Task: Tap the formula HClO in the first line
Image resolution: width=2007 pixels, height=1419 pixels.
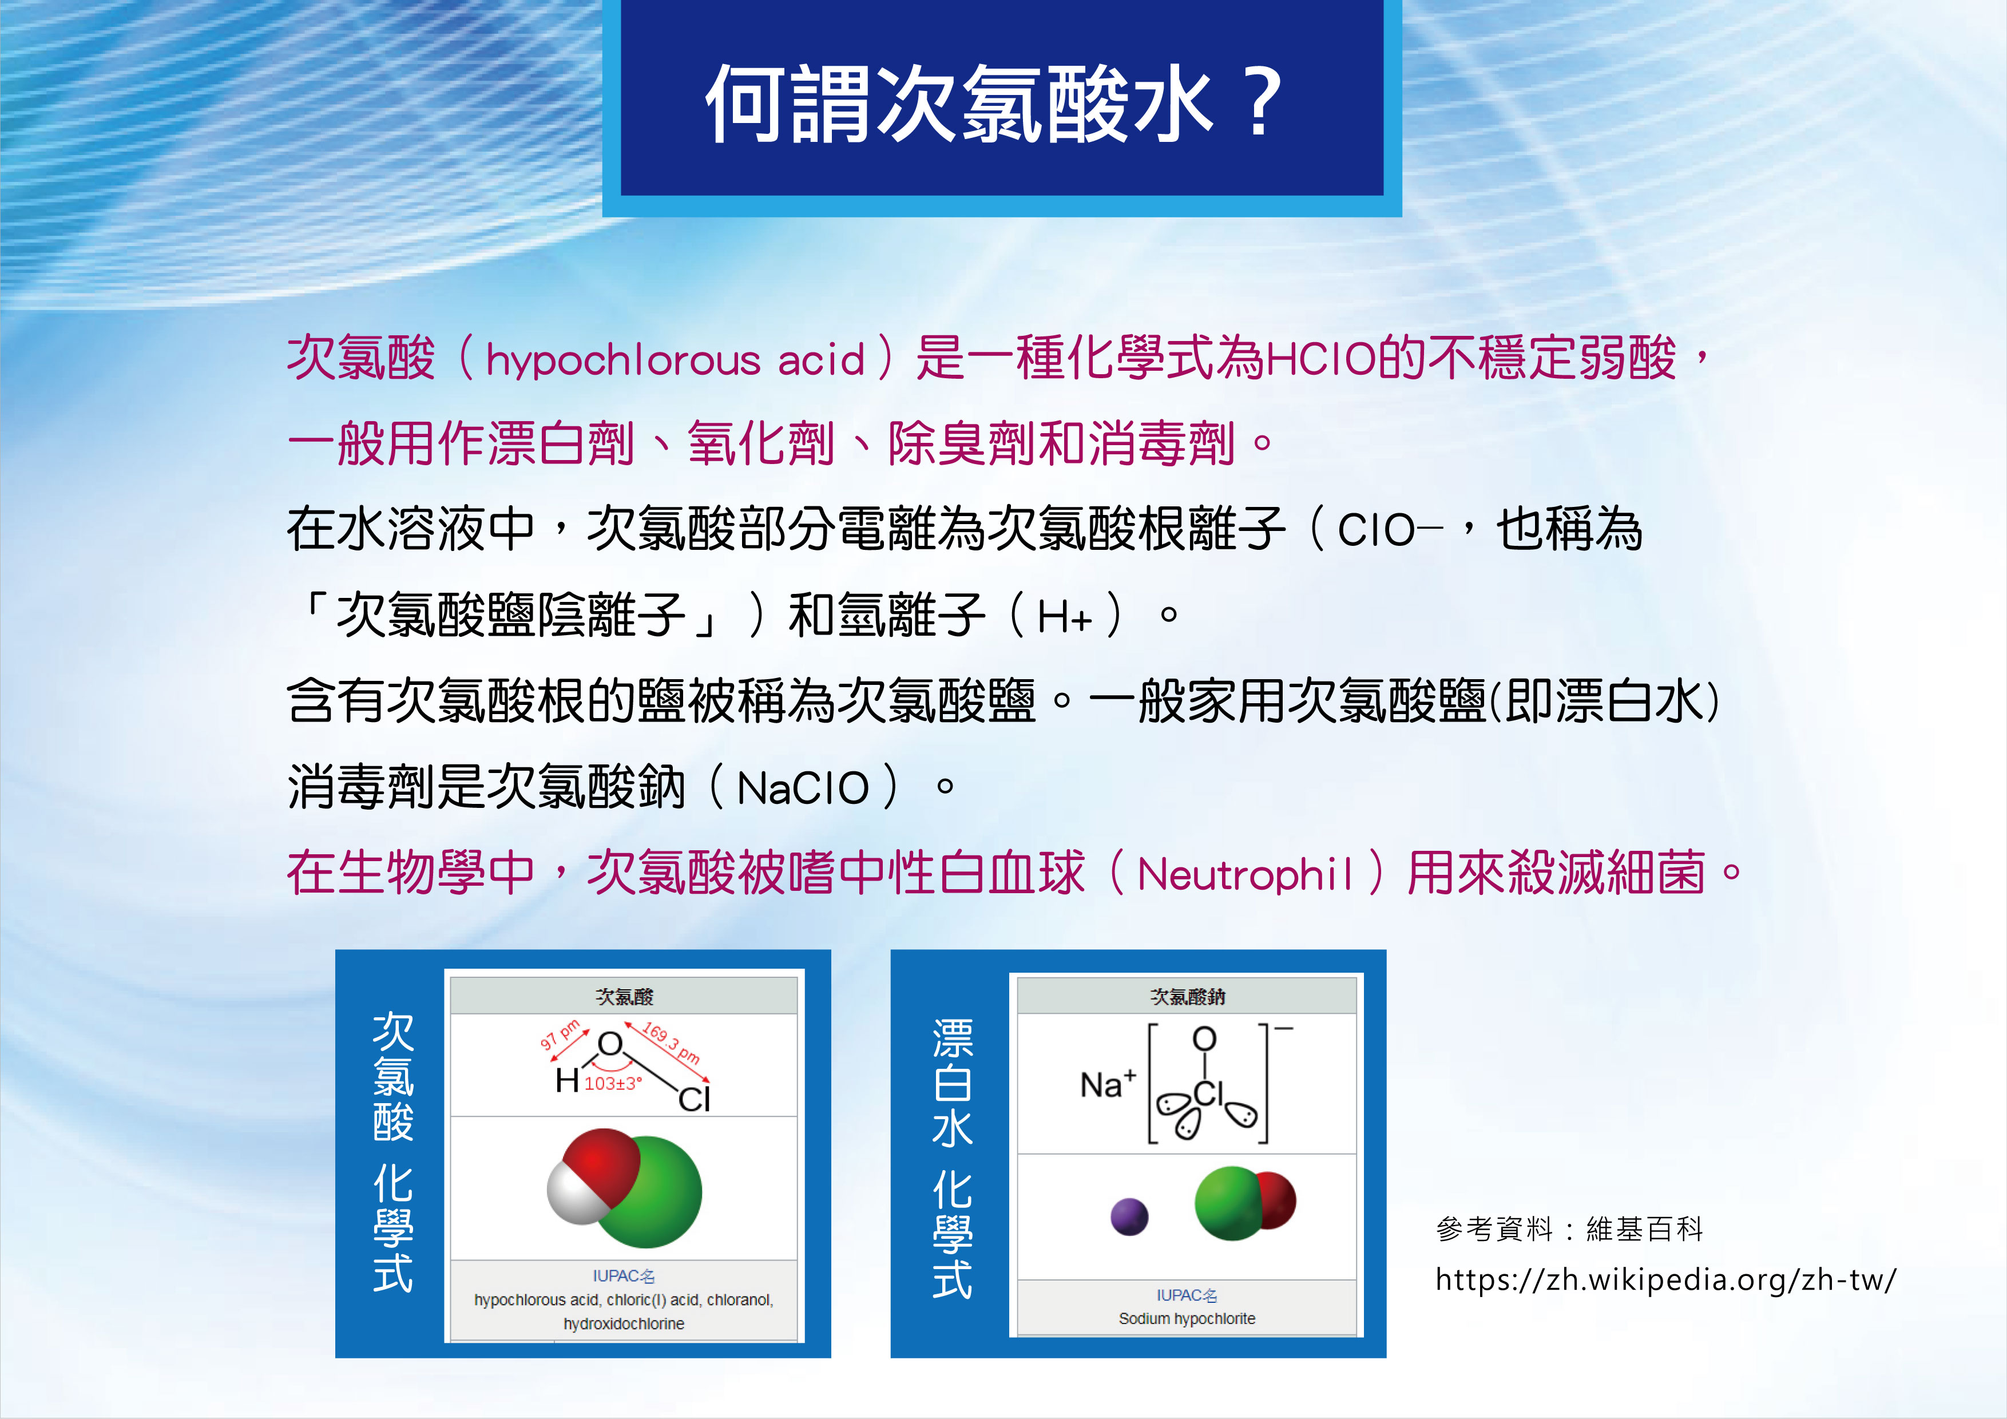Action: point(1321,358)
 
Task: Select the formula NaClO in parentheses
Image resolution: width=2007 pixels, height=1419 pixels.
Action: point(803,788)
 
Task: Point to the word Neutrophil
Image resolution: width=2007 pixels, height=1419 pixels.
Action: point(1245,874)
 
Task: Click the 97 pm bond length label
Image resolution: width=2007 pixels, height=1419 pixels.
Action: point(560,1034)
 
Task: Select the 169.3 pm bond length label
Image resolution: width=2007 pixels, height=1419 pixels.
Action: point(671,1042)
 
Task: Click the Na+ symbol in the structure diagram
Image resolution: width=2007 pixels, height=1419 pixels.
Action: point(1108,1084)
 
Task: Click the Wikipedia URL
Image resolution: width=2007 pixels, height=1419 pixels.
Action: point(1665,1280)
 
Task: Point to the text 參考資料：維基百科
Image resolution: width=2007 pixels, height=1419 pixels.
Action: point(1569,1229)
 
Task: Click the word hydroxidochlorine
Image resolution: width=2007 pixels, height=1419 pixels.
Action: point(623,1323)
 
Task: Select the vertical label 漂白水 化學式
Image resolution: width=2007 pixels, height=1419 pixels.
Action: point(952,1159)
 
